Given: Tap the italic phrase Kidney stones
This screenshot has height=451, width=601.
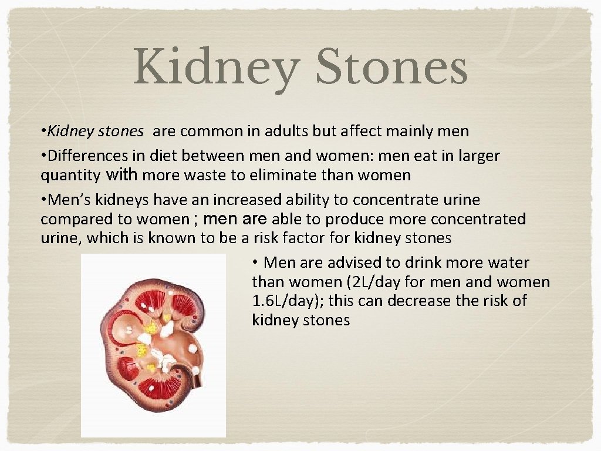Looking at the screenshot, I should [96, 132].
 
